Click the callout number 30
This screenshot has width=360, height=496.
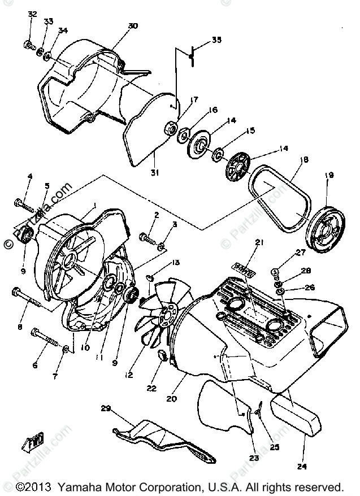[x=133, y=27]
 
